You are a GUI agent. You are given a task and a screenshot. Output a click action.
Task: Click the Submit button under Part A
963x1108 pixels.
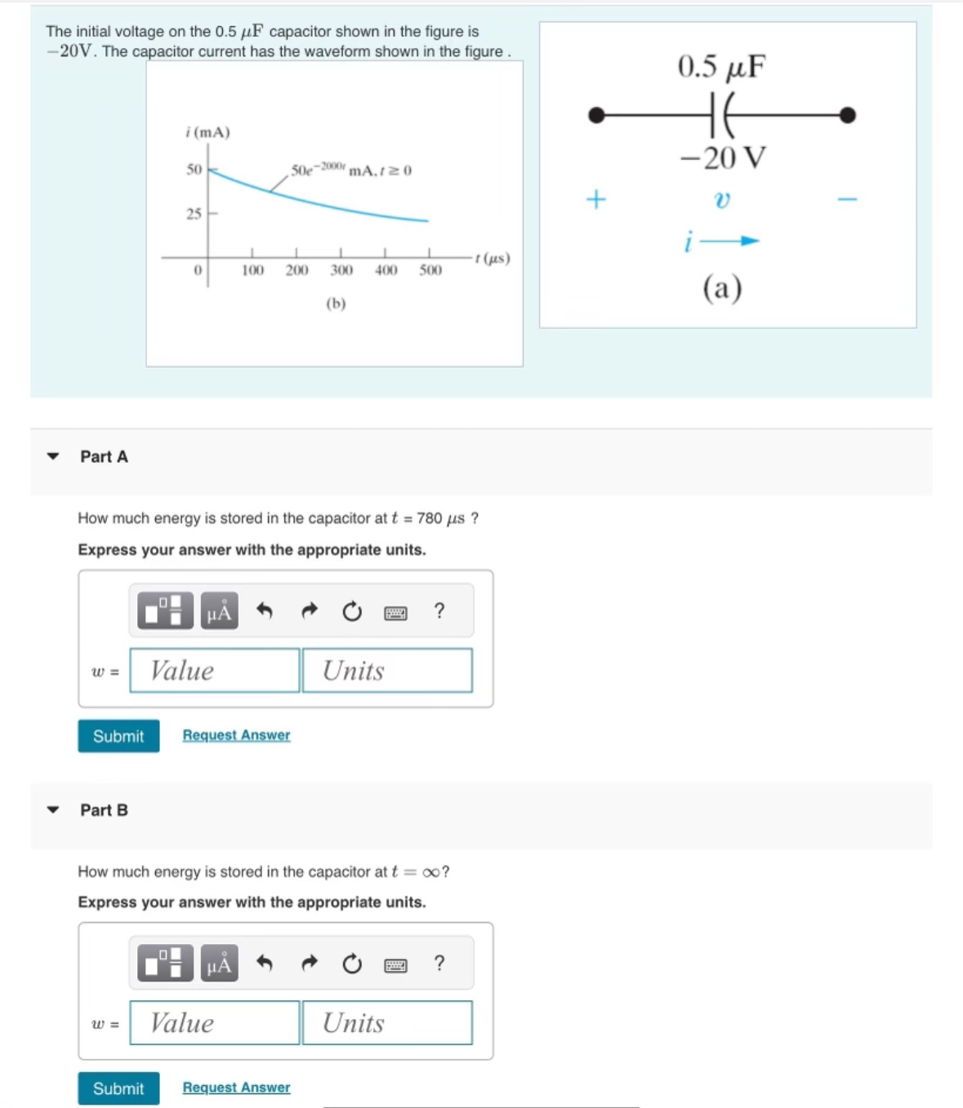[x=118, y=736]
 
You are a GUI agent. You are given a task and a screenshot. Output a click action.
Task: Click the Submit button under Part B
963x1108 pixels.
[x=118, y=1088]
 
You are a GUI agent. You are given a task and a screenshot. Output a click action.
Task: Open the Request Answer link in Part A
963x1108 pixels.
[x=236, y=735]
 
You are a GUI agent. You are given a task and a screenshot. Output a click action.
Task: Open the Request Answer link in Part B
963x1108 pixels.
[x=236, y=1088]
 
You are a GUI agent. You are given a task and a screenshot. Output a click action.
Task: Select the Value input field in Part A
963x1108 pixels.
[x=215, y=670]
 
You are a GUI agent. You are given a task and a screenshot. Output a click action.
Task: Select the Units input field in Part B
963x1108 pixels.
[x=387, y=1023]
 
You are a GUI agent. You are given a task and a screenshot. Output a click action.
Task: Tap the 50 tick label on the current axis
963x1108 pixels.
[x=194, y=170]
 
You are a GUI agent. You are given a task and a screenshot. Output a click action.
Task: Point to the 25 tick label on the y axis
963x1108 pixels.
[x=194, y=214]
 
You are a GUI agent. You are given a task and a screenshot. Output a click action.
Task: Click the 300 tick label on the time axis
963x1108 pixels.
[x=341, y=270]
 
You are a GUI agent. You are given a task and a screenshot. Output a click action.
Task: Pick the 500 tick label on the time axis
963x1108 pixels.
[x=430, y=270]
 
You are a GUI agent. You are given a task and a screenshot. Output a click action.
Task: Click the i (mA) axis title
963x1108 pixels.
[x=207, y=132]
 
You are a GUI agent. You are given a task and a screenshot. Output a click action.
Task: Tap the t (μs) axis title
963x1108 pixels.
[x=493, y=259]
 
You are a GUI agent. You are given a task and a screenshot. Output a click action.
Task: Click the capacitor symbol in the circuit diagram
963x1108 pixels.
[x=721, y=114]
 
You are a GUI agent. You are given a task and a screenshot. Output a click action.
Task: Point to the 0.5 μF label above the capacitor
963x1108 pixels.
[x=721, y=67]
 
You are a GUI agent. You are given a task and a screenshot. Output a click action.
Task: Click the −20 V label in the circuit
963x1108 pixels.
[x=723, y=158]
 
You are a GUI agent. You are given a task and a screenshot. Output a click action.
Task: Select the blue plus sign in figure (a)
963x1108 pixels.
[x=596, y=199]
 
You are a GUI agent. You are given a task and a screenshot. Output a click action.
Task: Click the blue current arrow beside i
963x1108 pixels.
[x=738, y=241]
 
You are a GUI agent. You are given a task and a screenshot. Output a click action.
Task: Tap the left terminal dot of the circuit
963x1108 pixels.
[x=597, y=115]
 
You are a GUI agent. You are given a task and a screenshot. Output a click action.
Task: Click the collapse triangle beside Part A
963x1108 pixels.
[x=53, y=456]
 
